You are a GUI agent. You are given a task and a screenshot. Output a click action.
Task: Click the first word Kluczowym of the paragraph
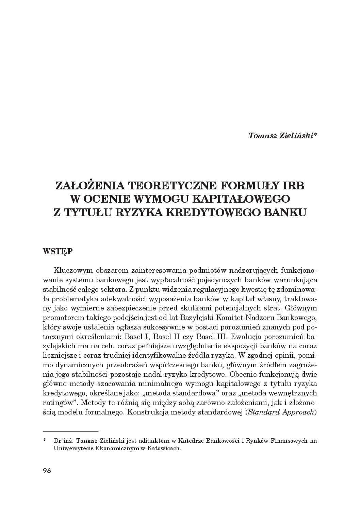[x=72, y=271]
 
